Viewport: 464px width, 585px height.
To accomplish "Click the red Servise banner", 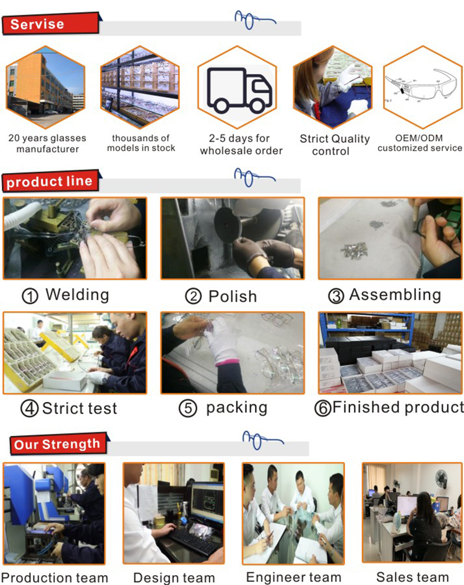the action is coord(51,24).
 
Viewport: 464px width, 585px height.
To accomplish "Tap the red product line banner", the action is coord(51,181).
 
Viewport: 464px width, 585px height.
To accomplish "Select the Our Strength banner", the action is coord(58,443).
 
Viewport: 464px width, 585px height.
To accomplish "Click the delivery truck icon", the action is coord(239,90).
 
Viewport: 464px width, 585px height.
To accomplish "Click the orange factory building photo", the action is coord(46,87).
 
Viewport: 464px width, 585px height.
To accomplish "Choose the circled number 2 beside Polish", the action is coord(193,297).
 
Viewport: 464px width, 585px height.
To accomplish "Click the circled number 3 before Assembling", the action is coord(336,296).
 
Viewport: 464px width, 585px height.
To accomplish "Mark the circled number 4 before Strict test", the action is coord(29,409).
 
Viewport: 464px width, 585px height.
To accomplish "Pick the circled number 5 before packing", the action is coord(187,409).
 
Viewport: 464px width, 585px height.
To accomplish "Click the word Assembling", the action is coord(395,295).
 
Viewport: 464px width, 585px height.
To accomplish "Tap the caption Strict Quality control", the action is coord(335,145).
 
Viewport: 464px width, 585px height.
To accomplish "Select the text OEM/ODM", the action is coord(419,138).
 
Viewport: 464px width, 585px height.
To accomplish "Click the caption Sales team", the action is coord(412,577).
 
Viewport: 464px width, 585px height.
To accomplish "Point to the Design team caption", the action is coord(174,578).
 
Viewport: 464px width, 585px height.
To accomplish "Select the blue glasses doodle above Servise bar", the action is coord(253,20).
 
